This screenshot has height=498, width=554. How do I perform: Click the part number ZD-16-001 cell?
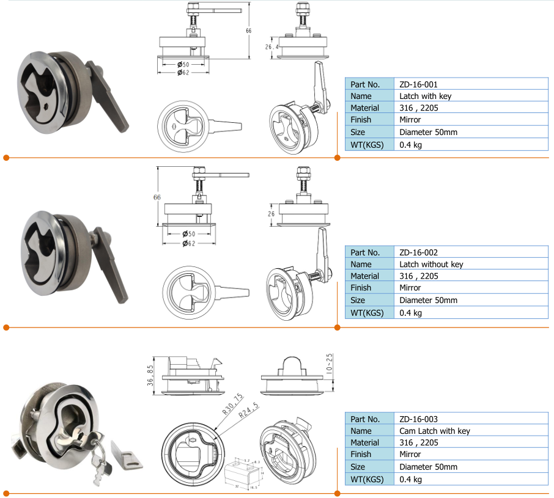(418, 84)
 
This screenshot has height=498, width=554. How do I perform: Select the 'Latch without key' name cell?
(431, 264)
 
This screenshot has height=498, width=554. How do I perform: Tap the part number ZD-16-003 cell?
(418, 419)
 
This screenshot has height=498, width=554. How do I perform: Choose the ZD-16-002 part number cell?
(418, 252)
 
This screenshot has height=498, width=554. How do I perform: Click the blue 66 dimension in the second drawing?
(157, 197)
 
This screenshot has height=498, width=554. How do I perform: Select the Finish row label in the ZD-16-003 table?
(361, 455)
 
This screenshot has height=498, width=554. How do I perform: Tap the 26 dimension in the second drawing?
(270, 214)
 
